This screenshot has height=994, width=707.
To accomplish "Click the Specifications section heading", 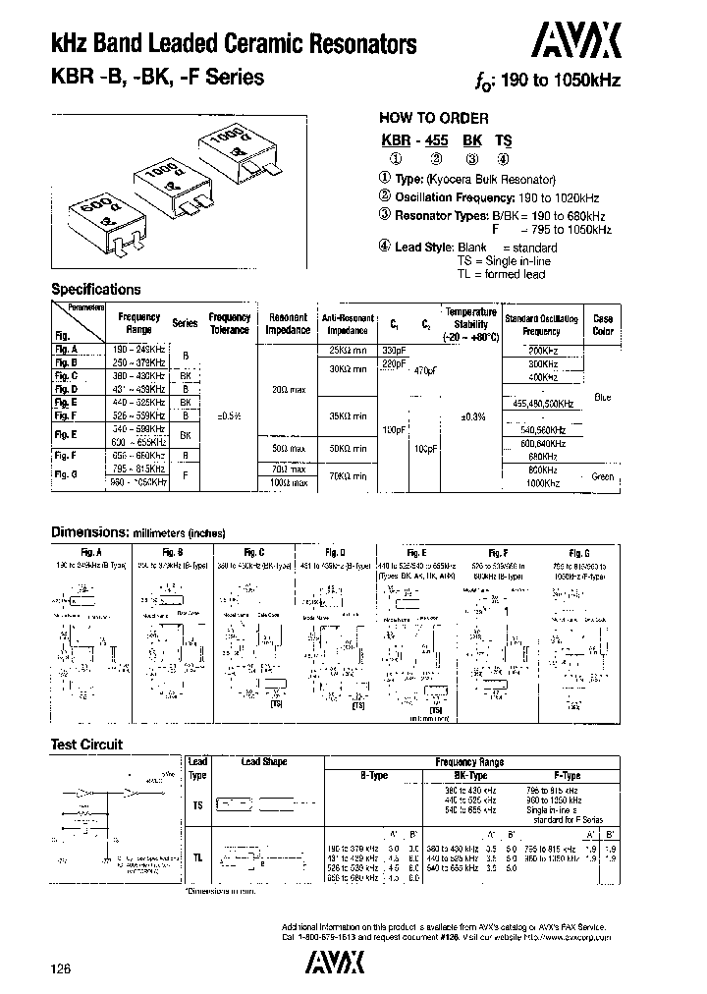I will tap(96, 289).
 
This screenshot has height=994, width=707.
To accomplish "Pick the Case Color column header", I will tap(603, 325).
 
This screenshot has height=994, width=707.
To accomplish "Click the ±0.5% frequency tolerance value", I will tap(230, 416).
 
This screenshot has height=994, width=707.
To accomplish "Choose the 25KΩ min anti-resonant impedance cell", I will tap(348, 351).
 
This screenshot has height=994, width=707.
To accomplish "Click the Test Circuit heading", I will tap(86, 745).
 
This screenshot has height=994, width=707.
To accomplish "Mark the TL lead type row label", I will tap(197, 856).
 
